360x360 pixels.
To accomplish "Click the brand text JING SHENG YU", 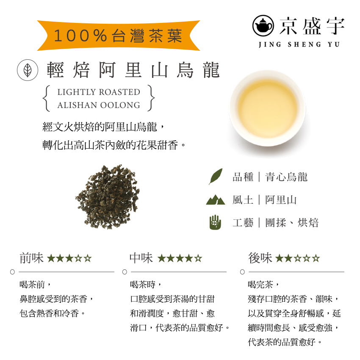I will tap(299, 44).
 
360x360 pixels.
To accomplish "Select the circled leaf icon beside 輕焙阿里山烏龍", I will tap(25, 70).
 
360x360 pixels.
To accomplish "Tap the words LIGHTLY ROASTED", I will tap(99, 92).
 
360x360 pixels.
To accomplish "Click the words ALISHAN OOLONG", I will tap(99, 105).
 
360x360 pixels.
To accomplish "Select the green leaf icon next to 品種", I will tap(216, 177).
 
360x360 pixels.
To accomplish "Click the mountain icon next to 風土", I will tap(216, 199).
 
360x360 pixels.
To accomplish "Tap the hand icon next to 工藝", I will tap(216, 222).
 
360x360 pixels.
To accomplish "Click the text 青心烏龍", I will tap(286, 177).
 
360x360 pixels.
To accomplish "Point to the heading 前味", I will tap(31, 258).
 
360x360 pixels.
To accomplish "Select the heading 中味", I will tap(141, 258).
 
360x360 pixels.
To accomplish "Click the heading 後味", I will tap(260, 258).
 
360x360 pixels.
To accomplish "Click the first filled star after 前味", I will tap(51, 258).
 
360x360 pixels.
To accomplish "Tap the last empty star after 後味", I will tap(316, 258).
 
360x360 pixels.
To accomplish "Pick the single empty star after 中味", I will tap(198, 258).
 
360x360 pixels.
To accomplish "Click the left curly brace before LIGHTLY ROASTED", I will tap(47, 98).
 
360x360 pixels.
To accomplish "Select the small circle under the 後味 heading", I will tap(242, 271).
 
